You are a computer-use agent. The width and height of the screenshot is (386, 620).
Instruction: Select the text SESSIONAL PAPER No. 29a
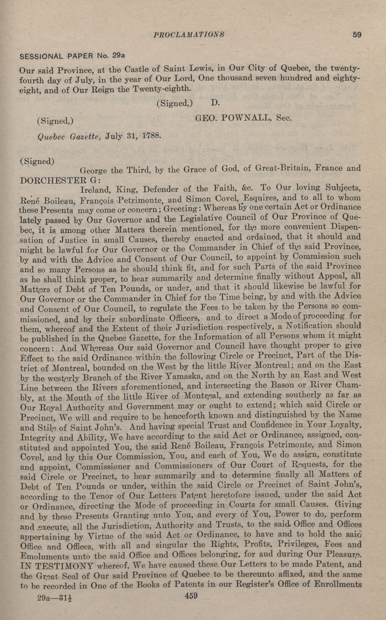[x=72, y=56]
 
